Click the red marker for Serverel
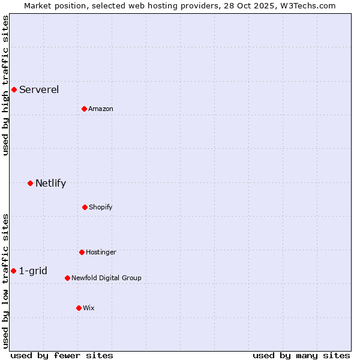coord(14,90)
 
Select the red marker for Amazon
coord(85,109)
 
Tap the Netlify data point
coord(30,183)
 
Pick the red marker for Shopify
coord(85,207)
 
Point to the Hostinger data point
coord(82,252)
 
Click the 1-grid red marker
coord(13,271)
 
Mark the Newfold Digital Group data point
coord(67,278)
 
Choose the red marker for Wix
coord(79,308)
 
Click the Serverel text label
coord(39,90)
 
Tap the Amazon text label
coord(101,109)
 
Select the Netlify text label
coord(50,183)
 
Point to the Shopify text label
coord(101,207)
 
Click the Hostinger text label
coord(101,252)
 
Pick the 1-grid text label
coord(33,271)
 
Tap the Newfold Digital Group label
coord(106,278)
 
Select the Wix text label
coord(89,308)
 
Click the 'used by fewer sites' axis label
coord(62,356)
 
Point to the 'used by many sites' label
coord(301,356)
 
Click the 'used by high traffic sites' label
coord(6,85)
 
